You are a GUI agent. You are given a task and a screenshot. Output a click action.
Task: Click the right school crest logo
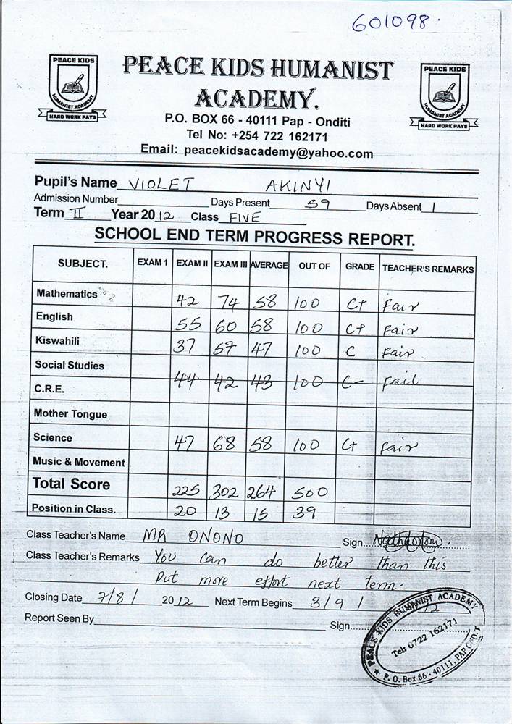pos(444,96)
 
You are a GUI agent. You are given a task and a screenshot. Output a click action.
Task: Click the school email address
pos(278,153)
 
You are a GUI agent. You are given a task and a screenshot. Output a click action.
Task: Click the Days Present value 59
pos(318,204)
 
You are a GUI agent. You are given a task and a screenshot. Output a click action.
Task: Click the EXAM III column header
pos(230,265)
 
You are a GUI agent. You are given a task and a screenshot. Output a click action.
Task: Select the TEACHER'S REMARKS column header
pos(428,269)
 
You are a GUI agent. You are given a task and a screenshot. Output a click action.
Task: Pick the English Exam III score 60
pos(227,327)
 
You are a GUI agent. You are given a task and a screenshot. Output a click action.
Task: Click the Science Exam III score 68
pos(226,443)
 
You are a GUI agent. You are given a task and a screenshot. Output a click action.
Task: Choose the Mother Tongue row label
pos(70,414)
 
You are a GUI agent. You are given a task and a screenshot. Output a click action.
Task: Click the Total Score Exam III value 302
pos(227,492)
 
